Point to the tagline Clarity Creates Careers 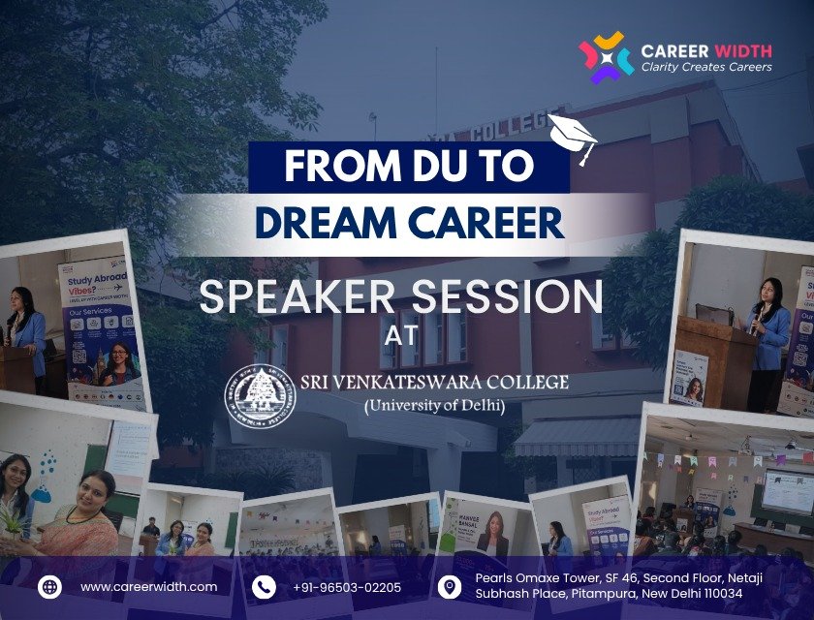tap(706, 67)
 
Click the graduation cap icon tap(573, 137)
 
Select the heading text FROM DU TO tap(408, 168)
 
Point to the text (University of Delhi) tap(434, 405)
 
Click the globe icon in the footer tap(50, 586)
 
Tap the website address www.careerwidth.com tap(148, 587)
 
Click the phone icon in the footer tap(264, 586)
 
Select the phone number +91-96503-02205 tap(346, 587)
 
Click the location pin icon tap(450, 586)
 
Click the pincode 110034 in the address tap(719, 593)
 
